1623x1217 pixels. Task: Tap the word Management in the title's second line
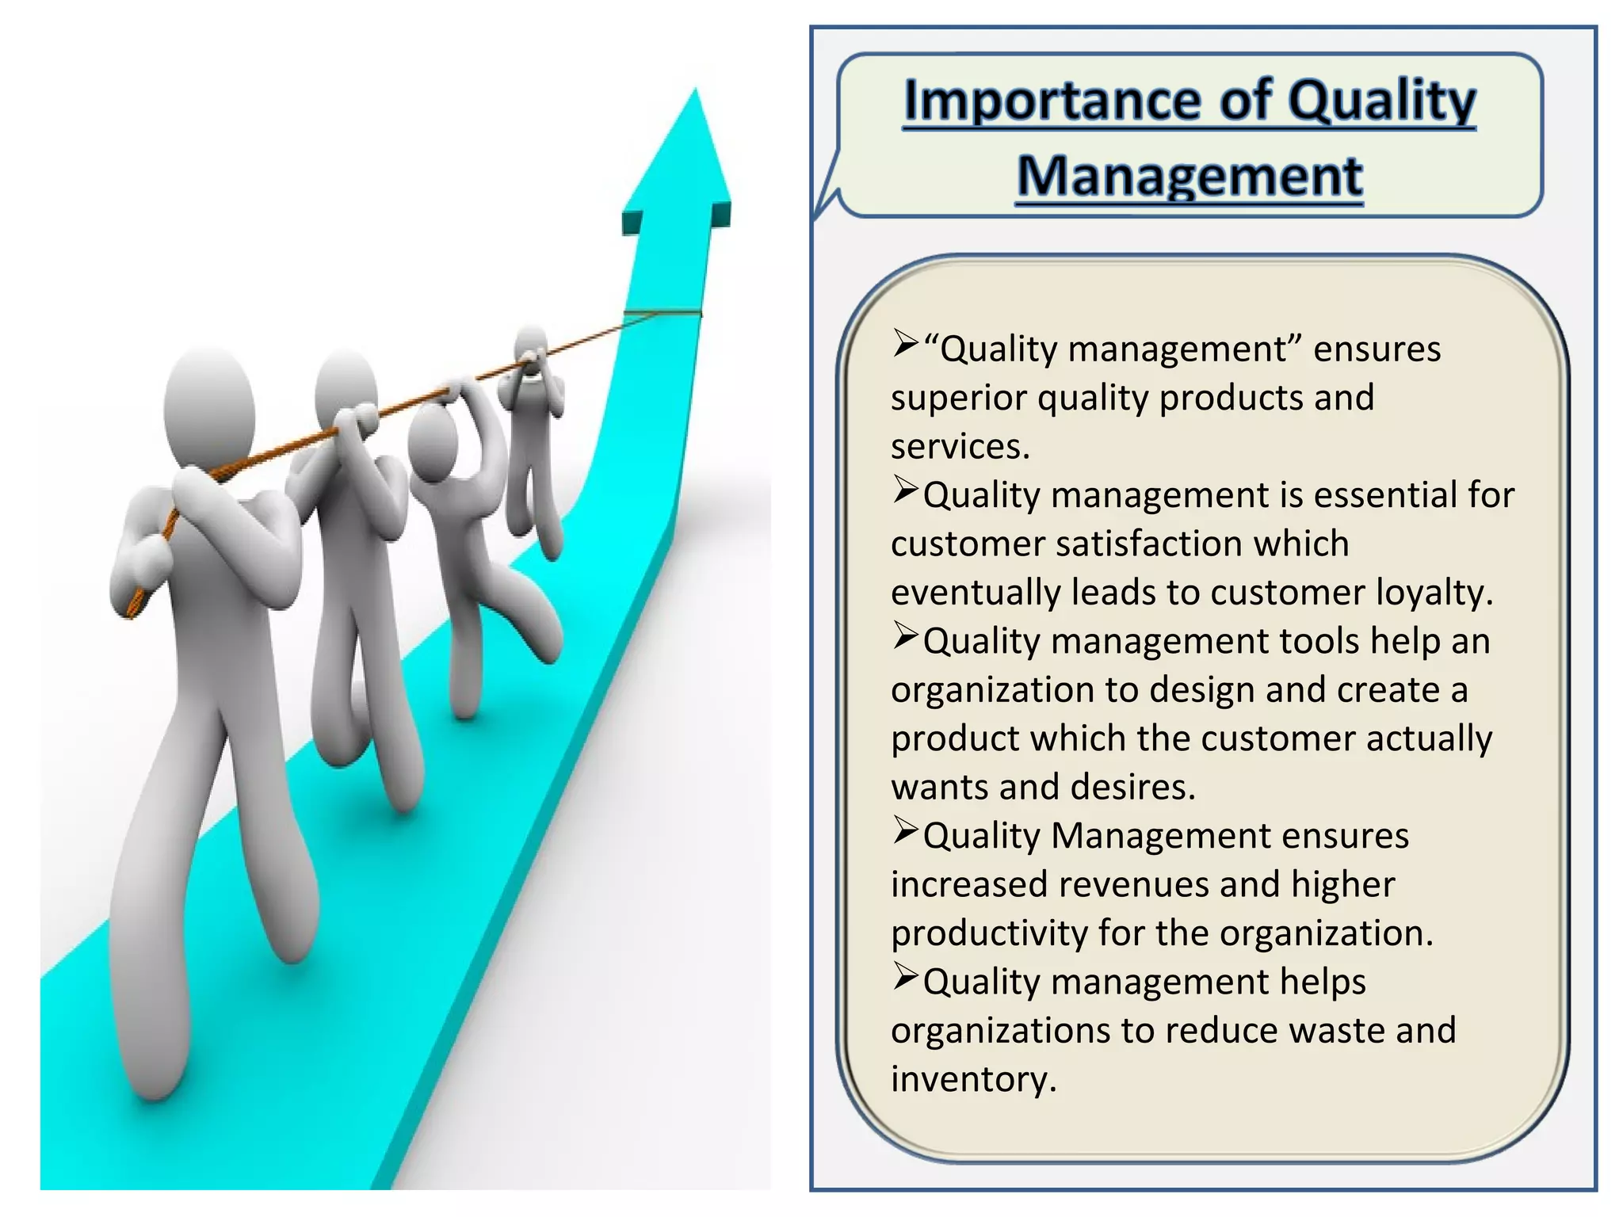pos(1190,176)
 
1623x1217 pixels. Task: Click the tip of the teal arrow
pos(696,93)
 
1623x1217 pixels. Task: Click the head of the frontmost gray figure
pos(209,404)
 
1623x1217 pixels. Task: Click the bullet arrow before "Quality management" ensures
pos(904,343)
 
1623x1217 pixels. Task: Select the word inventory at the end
pos(972,1080)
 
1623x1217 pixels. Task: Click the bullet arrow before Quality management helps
pos(904,976)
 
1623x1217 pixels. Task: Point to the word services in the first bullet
pos(959,447)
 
